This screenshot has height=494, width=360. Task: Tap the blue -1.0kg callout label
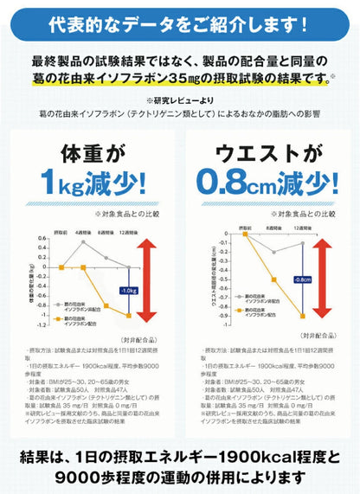pyautogui.click(x=130, y=290)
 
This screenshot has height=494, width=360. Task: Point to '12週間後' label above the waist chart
pyautogui.click(x=303, y=232)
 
